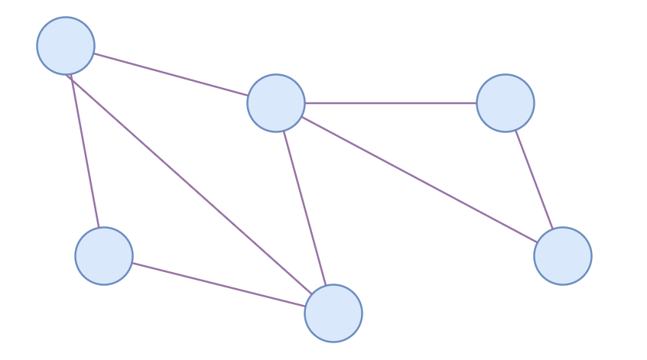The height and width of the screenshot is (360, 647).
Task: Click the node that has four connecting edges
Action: [x=276, y=103]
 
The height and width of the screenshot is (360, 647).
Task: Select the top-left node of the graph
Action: [x=66, y=46]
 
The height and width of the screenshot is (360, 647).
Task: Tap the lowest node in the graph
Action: [x=333, y=313]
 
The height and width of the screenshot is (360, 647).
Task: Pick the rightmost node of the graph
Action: [x=563, y=256]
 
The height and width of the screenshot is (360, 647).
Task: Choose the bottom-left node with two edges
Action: [x=104, y=256]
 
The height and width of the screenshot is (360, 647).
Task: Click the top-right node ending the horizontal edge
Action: [x=506, y=103]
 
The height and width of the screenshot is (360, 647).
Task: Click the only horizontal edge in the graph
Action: [x=391, y=103]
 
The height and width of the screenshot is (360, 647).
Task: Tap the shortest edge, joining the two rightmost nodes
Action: [x=534, y=180]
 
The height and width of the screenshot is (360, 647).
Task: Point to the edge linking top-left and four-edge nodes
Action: [x=171, y=74]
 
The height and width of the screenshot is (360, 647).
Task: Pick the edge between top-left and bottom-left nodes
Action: [x=85, y=151]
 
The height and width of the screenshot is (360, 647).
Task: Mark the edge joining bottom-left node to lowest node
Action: [x=219, y=284]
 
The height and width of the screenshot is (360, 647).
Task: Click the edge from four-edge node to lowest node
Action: [x=304, y=208]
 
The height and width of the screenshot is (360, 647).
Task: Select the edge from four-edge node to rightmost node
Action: [x=419, y=180]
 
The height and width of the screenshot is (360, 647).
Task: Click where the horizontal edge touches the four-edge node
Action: [x=304, y=103]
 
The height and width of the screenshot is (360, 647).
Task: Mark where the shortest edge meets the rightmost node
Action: [x=552, y=229]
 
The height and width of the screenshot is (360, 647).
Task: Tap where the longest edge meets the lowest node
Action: [x=312, y=294]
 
